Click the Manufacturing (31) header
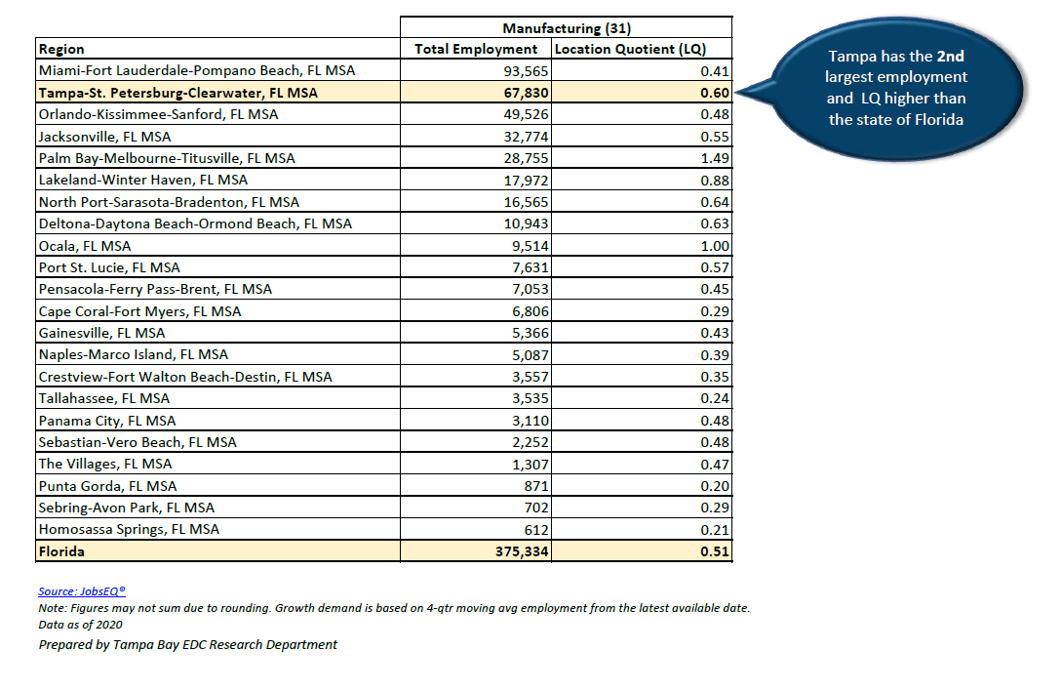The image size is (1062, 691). point(566,27)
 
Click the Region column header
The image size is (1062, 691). point(61,49)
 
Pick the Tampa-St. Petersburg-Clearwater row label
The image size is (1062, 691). point(177,93)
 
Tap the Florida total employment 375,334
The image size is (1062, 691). point(520,551)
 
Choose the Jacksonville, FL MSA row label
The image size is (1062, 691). point(104,137)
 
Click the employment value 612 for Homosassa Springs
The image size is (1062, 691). point(537,529)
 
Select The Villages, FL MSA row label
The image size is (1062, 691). point(105,464)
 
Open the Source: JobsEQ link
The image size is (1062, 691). point(82,591)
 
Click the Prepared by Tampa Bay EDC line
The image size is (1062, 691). point(188,644)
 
